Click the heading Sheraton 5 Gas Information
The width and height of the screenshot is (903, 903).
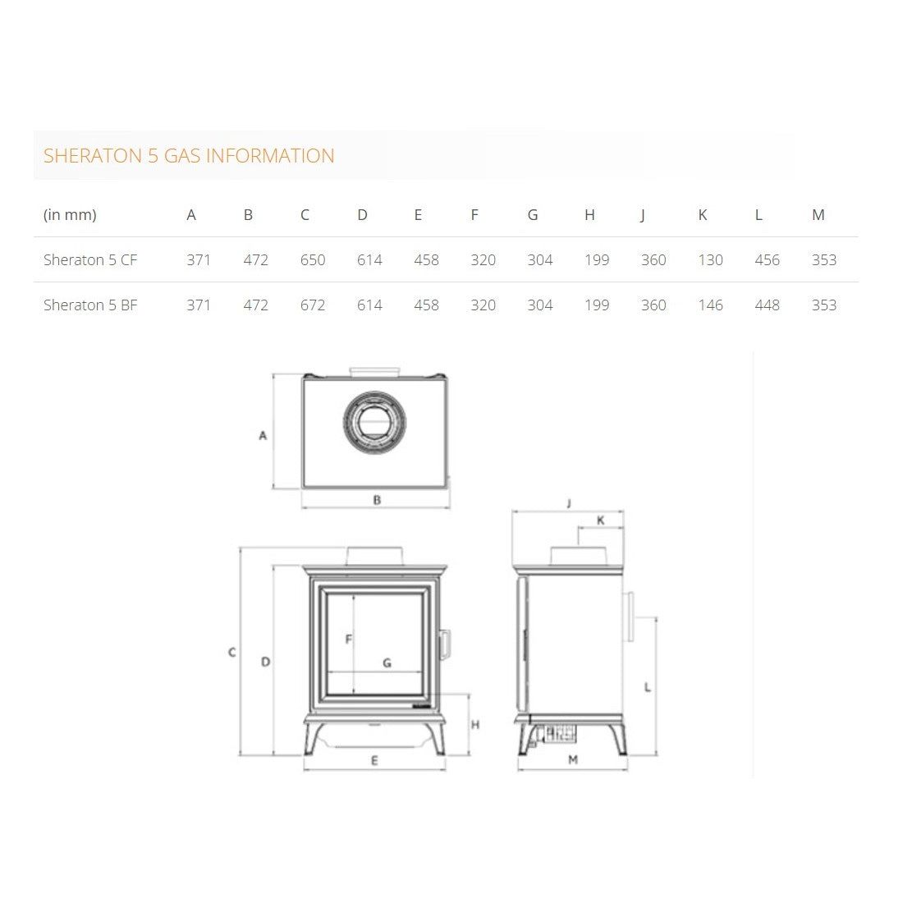pos(189,156)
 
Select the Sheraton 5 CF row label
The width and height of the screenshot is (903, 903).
pos(90,260)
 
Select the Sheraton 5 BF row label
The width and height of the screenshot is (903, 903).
pos(90,305)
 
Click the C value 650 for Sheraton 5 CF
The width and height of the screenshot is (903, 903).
pos(313,260)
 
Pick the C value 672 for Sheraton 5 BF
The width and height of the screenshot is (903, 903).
pos(313,305)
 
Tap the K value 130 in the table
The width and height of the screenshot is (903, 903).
pos(710,260)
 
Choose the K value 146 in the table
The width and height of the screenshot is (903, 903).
pos(710,305)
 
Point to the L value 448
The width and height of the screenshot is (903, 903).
pos(767,305)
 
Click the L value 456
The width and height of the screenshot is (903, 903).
pos(767,260)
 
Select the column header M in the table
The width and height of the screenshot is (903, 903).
pos(818,215)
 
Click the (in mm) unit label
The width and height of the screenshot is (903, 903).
pos(70,215)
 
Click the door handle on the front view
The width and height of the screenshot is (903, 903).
pos(445,644)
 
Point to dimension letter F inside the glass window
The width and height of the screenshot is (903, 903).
pos(349,639)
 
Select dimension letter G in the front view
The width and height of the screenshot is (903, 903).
pos(387,663)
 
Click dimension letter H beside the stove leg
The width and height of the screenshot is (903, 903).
pos(475,725)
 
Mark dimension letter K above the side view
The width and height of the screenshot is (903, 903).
pos(600,520)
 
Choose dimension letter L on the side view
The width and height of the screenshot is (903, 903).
pos(648,687)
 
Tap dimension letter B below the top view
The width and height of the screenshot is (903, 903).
pos(377,500)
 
